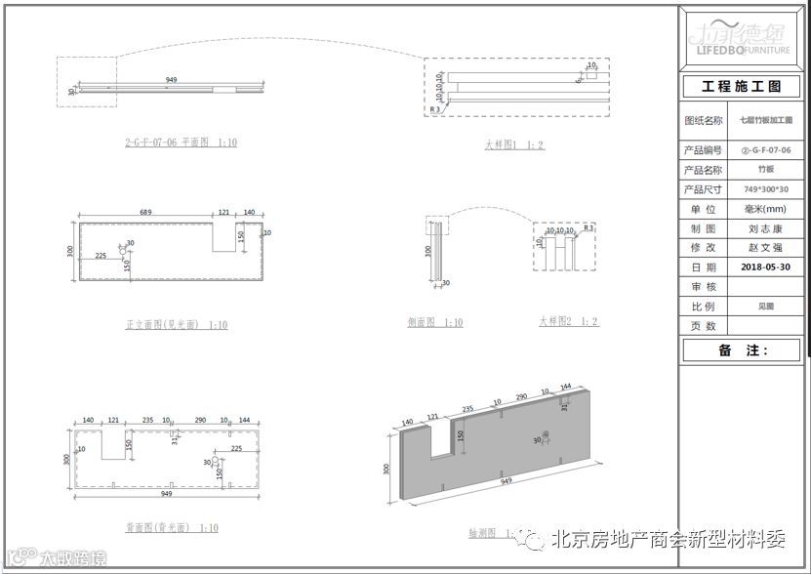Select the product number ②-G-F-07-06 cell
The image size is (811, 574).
766,150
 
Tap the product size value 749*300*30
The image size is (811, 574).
766,189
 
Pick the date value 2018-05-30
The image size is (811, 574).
766,266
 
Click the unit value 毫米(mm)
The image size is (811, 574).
766,209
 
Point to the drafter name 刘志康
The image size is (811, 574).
766,228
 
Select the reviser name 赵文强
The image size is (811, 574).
766,248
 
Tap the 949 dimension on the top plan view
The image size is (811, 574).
171,79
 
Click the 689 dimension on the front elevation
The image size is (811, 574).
146,212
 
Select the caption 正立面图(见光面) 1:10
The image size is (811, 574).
177,325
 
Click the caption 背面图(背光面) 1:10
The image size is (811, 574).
172,528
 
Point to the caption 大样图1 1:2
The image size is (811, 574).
514,145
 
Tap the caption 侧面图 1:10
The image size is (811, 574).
435,323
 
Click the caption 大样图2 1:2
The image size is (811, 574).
569,322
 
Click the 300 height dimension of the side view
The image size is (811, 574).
426,251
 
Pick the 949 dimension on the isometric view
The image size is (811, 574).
506,481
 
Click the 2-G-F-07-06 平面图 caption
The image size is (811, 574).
181,143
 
